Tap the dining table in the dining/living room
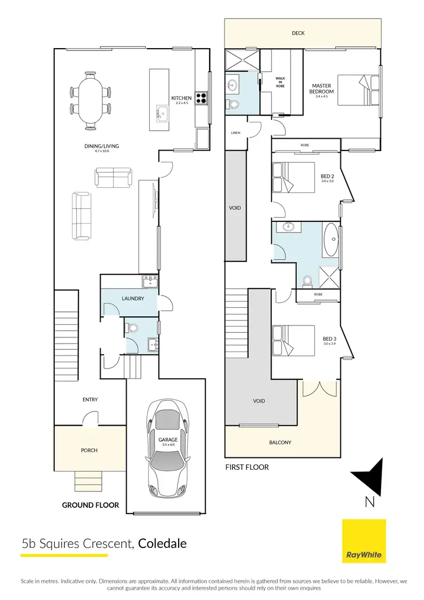90,100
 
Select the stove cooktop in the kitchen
201,99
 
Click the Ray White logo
364,541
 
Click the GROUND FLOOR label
90,504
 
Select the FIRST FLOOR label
246,467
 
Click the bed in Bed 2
293,178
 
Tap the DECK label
298,33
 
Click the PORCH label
89,451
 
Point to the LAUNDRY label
132,298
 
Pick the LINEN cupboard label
235,133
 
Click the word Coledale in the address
162,544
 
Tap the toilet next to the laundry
131,328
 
